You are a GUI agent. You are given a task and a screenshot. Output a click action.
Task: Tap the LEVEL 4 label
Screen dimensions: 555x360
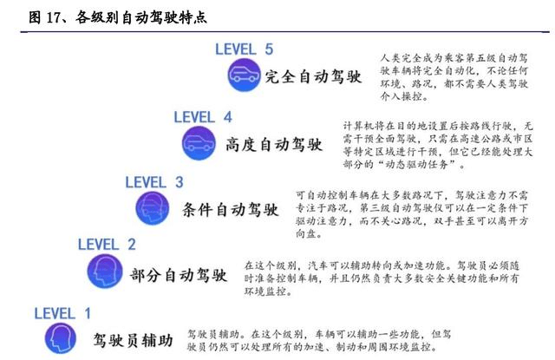coord(203,116)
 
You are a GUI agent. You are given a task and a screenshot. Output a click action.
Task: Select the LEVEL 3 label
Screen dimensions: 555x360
coord(154,182)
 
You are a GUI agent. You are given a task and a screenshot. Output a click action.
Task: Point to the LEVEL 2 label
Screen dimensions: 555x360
coord(107,245)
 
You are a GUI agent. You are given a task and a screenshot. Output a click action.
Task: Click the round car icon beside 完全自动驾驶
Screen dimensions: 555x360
coord(245,75)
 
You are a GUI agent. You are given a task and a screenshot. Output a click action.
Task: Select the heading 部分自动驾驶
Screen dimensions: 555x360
coord(178,275)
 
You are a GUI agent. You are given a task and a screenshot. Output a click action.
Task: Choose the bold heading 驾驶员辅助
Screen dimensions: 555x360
coord(134,337)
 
